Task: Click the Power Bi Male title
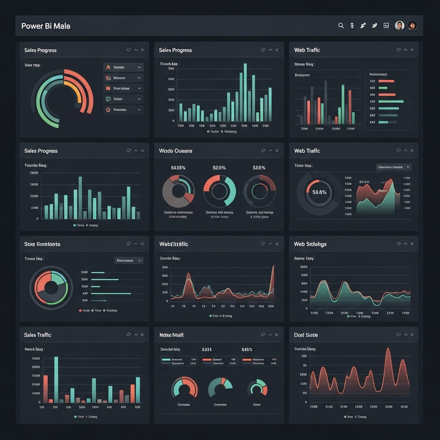46,26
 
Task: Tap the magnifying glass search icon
340,25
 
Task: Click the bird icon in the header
374,25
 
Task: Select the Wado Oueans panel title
175,151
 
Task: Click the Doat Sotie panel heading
306,335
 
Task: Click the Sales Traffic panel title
37,335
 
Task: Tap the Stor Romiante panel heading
42,244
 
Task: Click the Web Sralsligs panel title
310,244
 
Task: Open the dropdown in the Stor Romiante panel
129,260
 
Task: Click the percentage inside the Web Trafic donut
319,192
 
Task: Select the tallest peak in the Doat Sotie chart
388,352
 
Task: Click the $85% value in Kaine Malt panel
246,349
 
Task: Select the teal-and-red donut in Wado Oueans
219,191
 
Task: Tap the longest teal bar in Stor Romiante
111,294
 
